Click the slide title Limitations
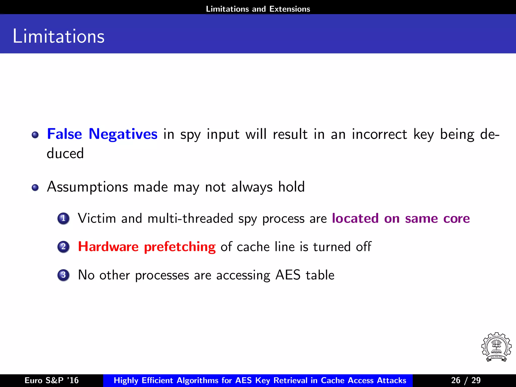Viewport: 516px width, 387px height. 58,36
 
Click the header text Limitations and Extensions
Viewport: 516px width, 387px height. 258,9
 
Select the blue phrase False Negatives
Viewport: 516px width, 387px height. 102,134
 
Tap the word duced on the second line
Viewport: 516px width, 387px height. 65,153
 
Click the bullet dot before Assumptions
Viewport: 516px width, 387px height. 35,187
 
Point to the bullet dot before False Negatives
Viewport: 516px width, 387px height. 35,135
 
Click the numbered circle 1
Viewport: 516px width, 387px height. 63,218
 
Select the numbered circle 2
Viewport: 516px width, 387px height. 63,247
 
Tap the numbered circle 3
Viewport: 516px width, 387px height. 63,275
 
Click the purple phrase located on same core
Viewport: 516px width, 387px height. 401,218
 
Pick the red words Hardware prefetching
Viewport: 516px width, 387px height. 147,247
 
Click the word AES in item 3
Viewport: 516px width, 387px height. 288,275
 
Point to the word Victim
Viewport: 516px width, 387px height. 97,218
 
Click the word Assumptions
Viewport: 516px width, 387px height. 87,187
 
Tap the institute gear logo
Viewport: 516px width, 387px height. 496,347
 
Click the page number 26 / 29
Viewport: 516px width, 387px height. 466,380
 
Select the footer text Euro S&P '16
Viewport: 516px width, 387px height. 52,380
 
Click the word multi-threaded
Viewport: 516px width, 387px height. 190,218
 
